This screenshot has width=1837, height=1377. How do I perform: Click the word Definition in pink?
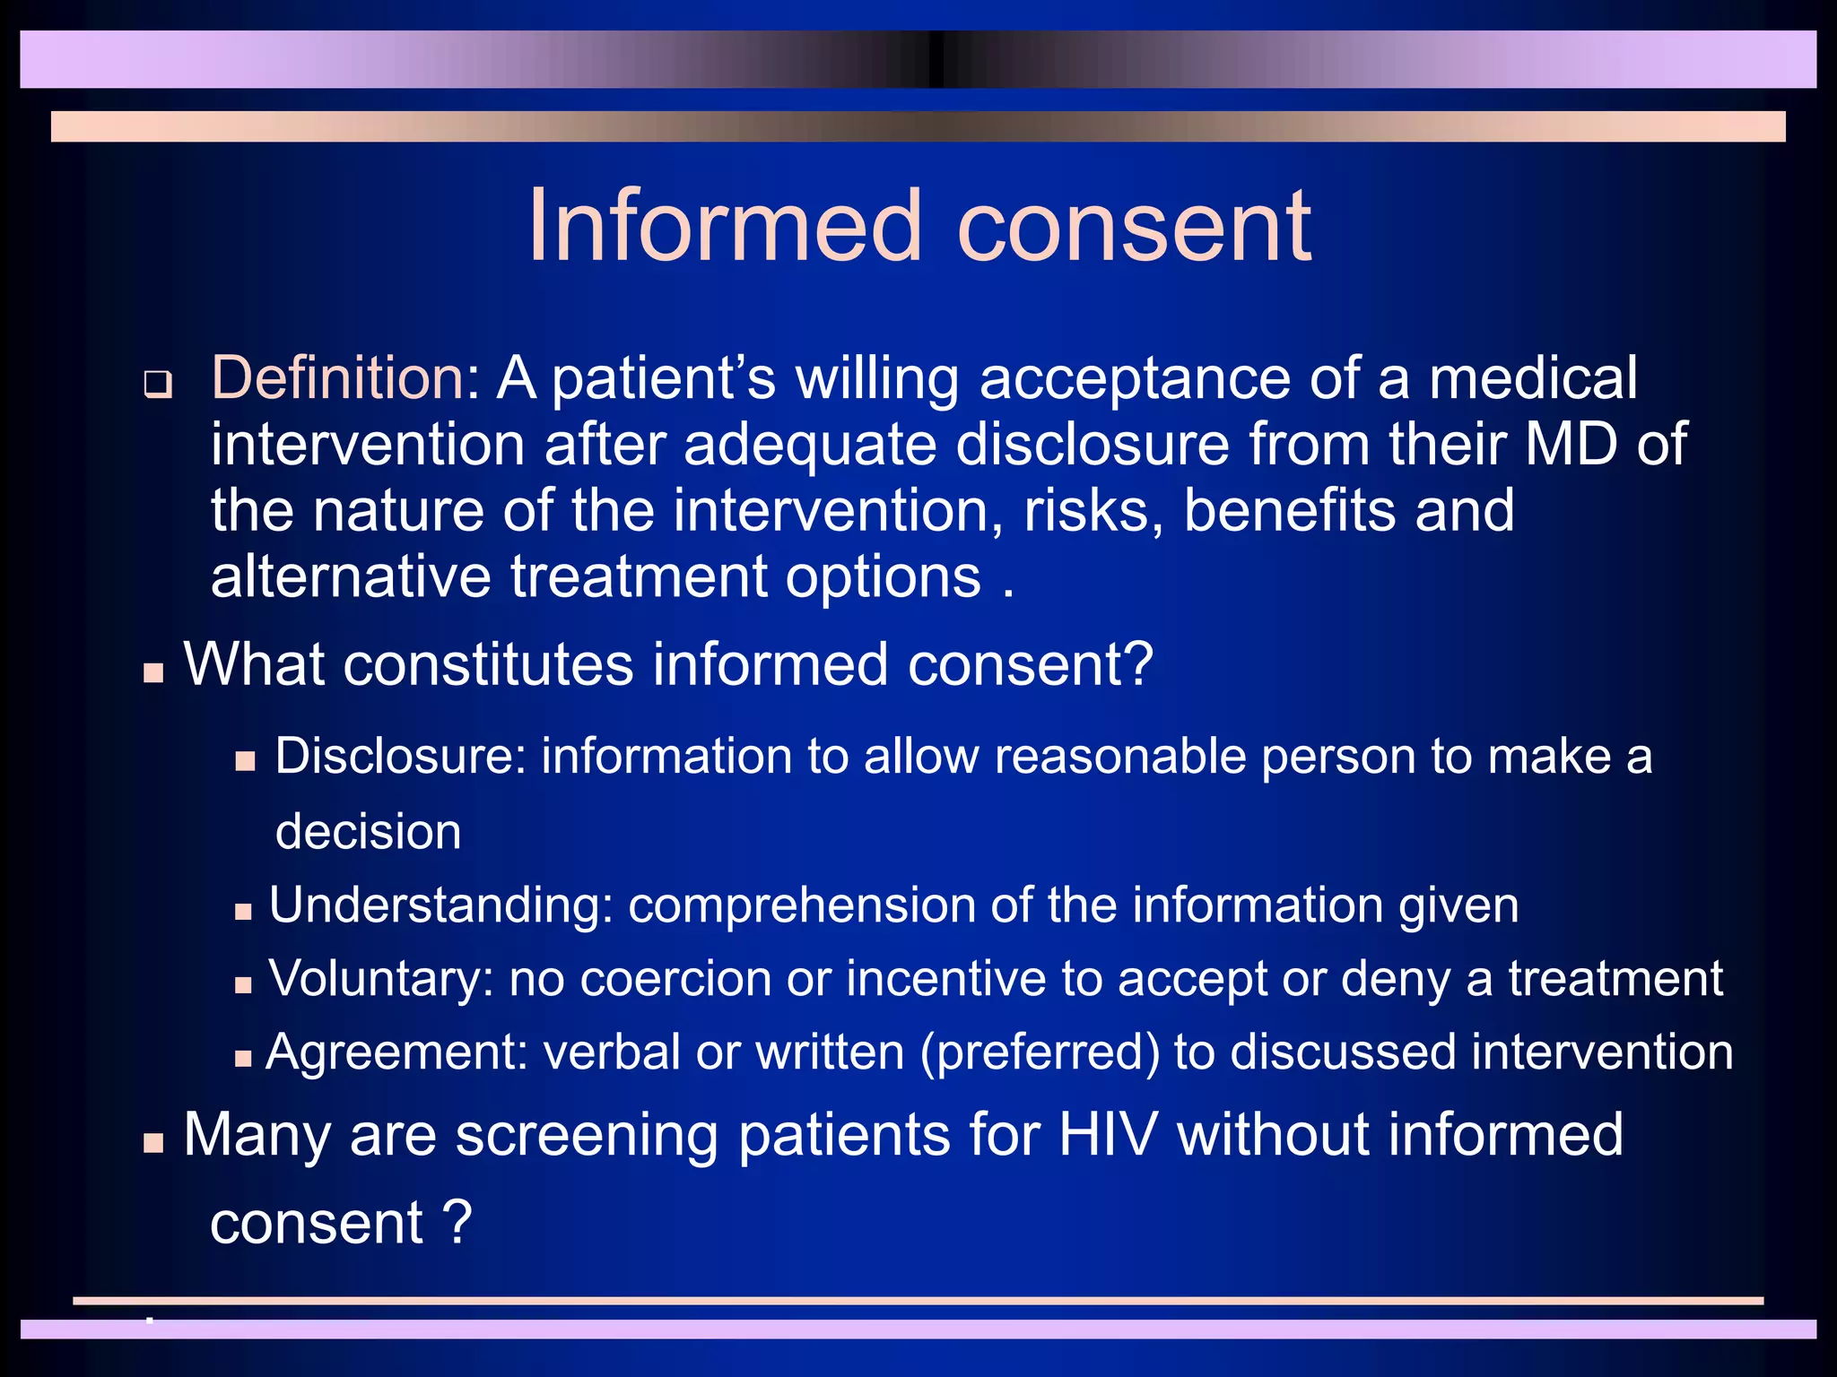336,377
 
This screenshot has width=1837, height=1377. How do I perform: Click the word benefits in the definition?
1290,510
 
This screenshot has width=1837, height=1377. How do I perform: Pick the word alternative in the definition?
351,576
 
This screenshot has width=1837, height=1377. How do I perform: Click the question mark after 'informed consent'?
1136,664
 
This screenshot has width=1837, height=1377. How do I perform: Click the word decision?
368,831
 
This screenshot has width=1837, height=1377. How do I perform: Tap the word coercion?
675,978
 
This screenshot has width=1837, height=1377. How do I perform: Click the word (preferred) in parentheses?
1040,1052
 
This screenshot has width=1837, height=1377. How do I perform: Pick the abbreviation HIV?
1108,1134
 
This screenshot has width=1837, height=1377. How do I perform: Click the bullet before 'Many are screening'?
153,1143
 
